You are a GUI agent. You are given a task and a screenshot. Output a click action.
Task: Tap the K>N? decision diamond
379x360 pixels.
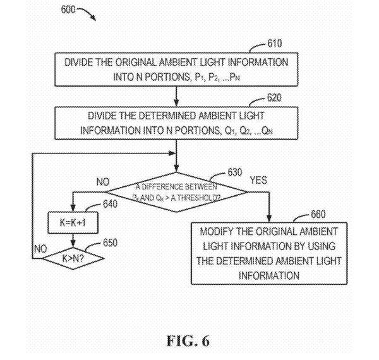[74, 258]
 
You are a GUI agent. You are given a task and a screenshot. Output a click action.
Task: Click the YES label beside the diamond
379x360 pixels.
[258, 181]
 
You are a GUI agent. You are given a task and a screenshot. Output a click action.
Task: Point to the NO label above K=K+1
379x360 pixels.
[103, 182]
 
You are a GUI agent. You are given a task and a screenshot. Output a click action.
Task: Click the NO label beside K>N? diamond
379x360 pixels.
[39, 249]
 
